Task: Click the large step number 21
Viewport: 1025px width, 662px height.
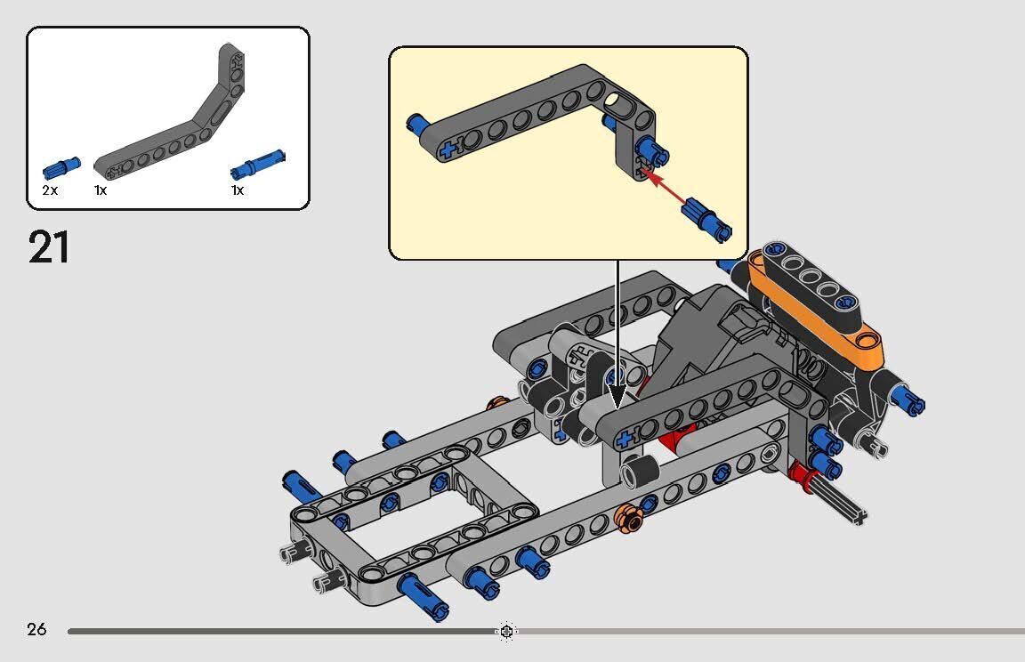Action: coord(49,247)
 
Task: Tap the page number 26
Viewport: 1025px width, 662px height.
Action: coord(36,630)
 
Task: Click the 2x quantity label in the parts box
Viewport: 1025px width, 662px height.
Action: coord(50,190)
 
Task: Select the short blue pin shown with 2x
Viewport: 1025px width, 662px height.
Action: coord(61,167)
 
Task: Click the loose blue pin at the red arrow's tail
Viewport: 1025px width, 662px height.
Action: coord(707,220)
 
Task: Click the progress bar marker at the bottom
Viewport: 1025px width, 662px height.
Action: coord(506,631)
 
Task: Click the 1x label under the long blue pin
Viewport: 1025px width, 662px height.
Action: coord(238,190)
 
